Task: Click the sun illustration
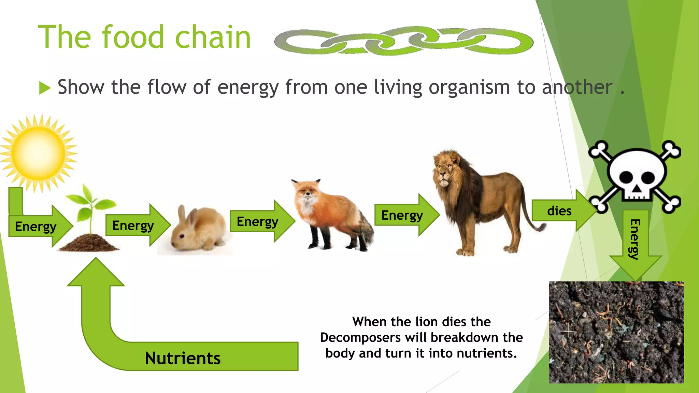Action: click(x=38, y=153)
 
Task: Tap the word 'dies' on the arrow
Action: click(x=559, y=211)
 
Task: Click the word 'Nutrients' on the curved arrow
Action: click(x=183, y=358)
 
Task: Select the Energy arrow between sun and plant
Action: click(x=38, y=226)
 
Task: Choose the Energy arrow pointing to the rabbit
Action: click(x=135, y=225)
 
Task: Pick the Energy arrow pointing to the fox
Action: click(x=259, y=221)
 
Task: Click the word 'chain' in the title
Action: click(x=213, y=38)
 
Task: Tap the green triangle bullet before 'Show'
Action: click(x=44, y=88)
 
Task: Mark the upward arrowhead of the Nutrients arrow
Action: click(x=96, y=273)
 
